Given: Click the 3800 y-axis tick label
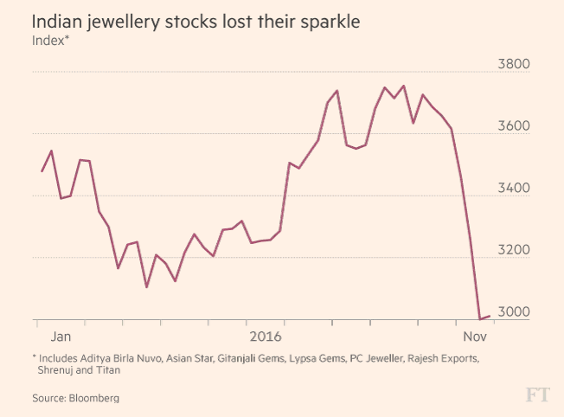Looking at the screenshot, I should tap(515, 65).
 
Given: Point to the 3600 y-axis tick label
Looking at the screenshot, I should tap(515, 126).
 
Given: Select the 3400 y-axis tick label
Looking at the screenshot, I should tap(515, 189).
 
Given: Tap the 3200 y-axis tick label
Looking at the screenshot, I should tap(515, 251).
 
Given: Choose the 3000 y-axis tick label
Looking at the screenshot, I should tap(515, 312).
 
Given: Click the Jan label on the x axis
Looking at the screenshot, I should tap(61, 335).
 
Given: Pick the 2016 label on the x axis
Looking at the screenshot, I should tap(266, 335).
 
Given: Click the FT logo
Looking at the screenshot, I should tap(537, 395).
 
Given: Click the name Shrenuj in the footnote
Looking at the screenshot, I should tap(58, 369).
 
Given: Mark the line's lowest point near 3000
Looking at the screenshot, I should tap(480, 318).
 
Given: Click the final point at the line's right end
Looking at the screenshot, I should tap(490, 316).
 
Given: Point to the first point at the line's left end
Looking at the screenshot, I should tap(42, 171).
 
